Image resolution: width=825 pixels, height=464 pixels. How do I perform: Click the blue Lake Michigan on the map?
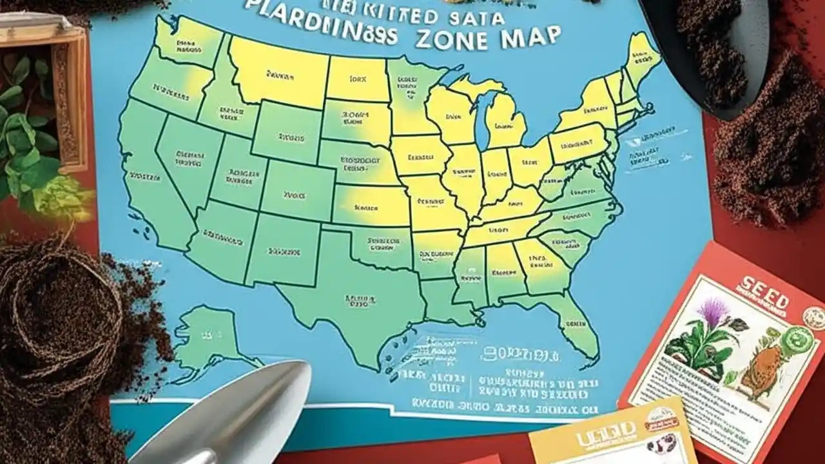tap(480, 116)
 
